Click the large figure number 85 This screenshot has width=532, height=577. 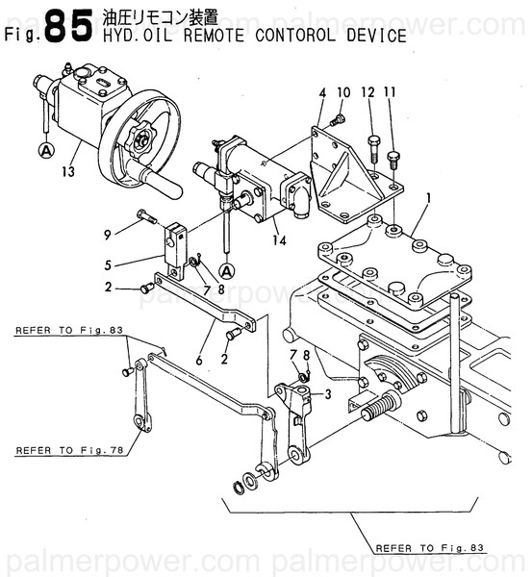(70, 27)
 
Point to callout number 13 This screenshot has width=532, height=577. (66, 172)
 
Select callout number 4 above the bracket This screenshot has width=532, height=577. (323, 93)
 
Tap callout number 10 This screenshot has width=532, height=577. (342, 93)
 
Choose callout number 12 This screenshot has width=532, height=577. (367, 93)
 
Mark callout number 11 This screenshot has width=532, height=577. (390, 93)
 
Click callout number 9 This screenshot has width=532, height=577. (109, 233)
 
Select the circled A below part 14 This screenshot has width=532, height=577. (227, 270)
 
